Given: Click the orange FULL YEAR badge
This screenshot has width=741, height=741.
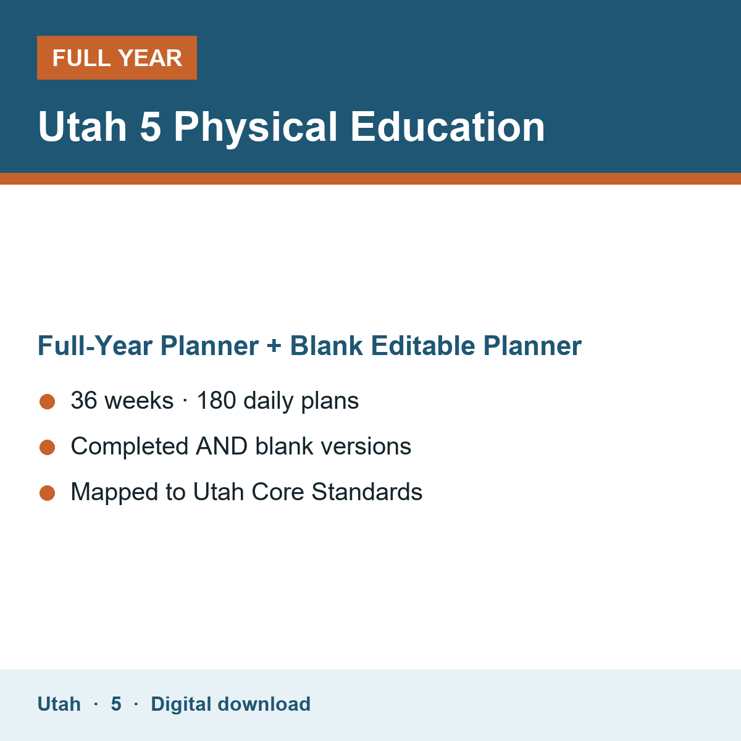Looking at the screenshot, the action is coord(117,57).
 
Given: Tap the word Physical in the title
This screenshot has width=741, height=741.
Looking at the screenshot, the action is coord(255,128).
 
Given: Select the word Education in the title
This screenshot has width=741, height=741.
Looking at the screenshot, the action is coord(448,127).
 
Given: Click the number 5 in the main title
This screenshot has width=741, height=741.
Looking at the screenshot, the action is coord(150,127).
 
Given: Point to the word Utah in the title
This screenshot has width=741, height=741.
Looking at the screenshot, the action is coord(82,127).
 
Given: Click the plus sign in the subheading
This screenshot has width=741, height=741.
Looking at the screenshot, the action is coord(274,346).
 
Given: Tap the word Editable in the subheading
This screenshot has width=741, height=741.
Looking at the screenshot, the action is coord(423,345).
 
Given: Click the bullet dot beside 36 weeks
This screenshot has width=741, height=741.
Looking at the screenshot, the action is coord(48,401).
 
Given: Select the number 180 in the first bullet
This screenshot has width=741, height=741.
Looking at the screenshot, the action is coord(217,400).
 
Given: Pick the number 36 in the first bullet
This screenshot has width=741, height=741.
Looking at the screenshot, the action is coord(84,400).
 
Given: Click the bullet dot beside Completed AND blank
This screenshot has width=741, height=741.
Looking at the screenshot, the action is coord(48,447).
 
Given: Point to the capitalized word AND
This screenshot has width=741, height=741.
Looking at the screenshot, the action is coord(222,446).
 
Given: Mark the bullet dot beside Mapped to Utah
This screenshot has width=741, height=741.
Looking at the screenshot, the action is coord(48,493).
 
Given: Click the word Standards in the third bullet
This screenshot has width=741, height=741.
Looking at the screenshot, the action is coord(367,492).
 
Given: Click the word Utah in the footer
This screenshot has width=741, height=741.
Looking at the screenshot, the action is coord(59,704).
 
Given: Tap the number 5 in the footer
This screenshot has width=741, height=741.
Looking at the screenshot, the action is coord(116,704).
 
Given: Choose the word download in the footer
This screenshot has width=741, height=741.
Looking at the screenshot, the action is coord(264,704).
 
